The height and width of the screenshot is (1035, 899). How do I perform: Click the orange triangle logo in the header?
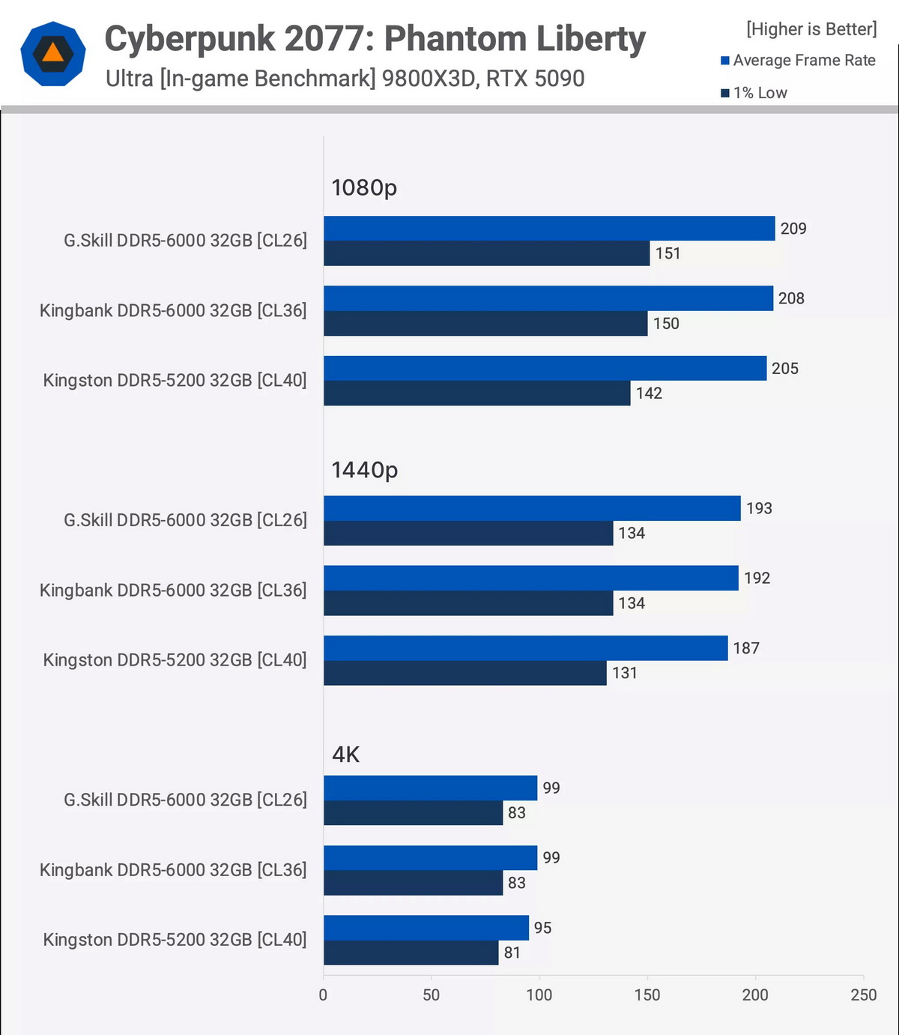53,53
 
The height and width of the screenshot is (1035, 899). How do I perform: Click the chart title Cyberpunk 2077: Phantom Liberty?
375,39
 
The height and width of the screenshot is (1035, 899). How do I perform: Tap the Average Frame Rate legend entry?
799,61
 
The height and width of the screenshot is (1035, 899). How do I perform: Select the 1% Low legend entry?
754,93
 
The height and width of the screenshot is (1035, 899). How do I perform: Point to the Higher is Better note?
811,29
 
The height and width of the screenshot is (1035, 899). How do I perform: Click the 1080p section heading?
364,187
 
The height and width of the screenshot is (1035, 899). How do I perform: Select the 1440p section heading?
365,470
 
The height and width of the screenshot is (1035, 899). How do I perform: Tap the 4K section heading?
346,754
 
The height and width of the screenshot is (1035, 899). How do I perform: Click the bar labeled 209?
549,229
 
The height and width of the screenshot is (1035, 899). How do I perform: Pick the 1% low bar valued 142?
476,393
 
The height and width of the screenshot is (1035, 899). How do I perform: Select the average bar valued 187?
525,648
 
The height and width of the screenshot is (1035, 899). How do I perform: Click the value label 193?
759,508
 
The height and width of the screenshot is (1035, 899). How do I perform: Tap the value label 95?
542,928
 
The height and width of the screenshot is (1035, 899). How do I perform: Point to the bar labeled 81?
411,953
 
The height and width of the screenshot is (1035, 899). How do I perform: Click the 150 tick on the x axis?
647,995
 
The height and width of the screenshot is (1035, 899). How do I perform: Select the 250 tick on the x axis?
863,995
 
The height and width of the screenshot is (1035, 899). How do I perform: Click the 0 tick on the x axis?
323,995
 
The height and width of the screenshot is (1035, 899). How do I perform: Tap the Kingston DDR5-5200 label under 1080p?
175,380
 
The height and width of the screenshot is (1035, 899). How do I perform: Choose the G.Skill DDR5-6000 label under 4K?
185,800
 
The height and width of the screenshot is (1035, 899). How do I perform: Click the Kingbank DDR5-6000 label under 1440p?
173,590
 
